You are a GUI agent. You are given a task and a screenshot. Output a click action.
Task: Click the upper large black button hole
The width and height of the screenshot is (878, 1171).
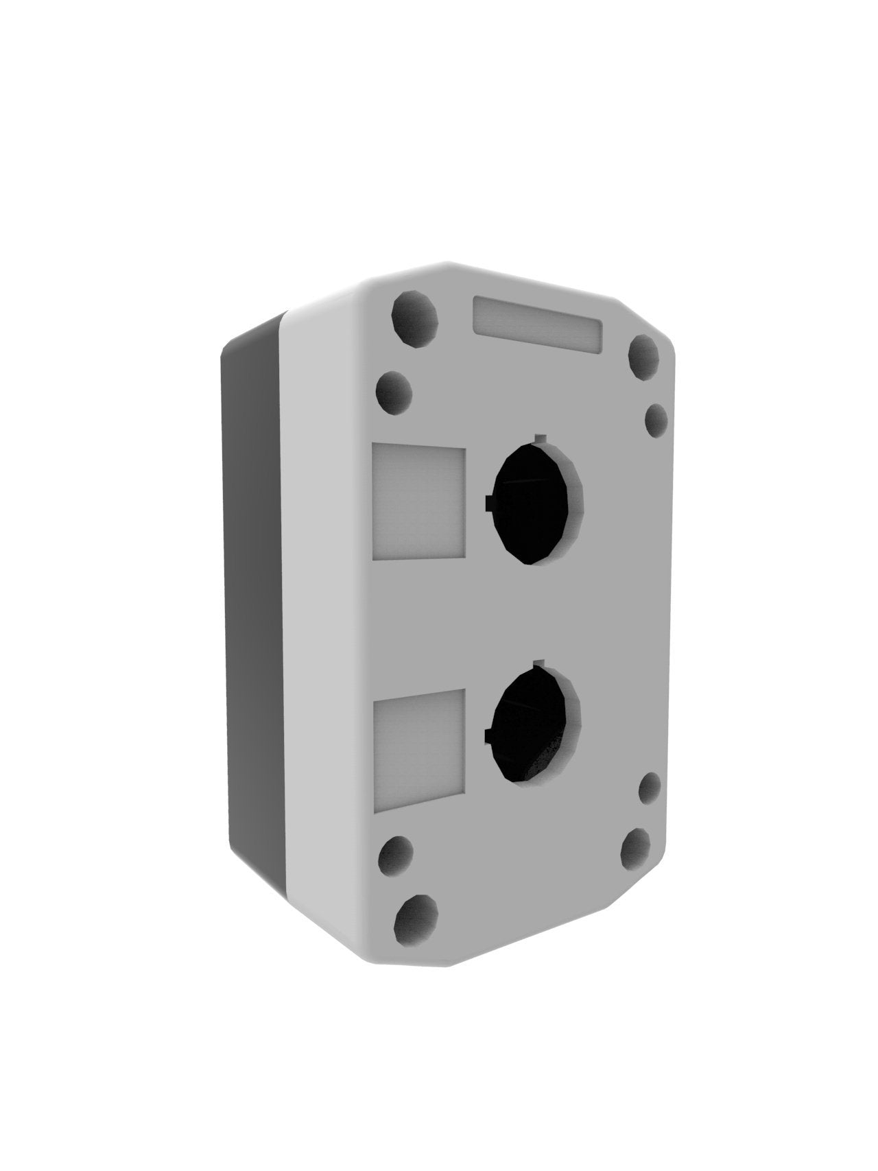click(535, 504)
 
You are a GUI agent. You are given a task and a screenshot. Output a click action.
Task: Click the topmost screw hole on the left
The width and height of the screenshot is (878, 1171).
click(414, 316)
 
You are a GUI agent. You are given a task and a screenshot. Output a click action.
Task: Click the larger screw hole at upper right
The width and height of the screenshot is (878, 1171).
click(645, 357)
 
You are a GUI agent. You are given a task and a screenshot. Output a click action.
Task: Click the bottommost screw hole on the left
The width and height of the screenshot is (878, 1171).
click(416, 916)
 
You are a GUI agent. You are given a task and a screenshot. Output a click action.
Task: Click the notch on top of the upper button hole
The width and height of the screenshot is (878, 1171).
click(541, 438)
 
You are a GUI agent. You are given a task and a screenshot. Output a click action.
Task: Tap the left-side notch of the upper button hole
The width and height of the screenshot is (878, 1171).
click(488, 504)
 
